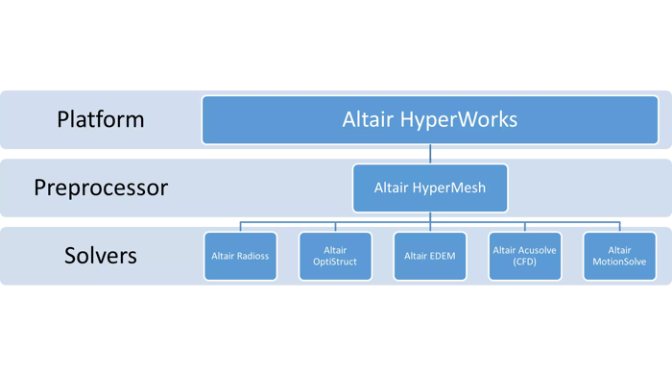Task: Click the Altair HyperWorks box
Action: [x=429, y=120]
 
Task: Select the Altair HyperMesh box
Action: [x=429, y=188]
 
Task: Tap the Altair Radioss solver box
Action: [x=240, y=256]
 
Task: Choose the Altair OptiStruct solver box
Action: [x=335, y=256]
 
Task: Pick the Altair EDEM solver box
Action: [x=429, y=256]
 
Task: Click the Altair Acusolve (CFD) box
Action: [x=524, y=256]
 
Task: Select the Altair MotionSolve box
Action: [x=619, y=256]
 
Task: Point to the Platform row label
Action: [x=100, y=120]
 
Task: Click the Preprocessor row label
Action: [x=100, y=188]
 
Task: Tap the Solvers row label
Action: [x=100, y=256]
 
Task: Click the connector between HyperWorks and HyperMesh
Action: [x=430, y=154]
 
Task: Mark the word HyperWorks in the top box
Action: [x=458, y=120]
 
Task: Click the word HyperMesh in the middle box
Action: [x=452, y=188]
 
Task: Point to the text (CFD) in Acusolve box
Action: [x=524, y=263]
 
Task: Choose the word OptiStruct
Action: [x=335, y=263]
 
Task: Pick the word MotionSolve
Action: [x=619, y=263]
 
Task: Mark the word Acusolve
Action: [x=535, y=250]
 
